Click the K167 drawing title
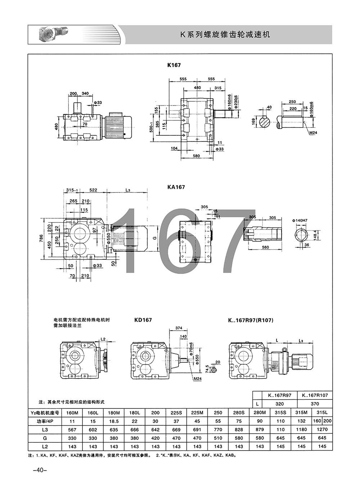[174, 65]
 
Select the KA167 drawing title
[176, 187]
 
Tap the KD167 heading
[143, 320]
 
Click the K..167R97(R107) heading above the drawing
[251, 321]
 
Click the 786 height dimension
[41, 238]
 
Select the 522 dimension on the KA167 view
[93, 190]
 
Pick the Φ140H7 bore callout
[300, 220]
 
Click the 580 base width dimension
[196, 156]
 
